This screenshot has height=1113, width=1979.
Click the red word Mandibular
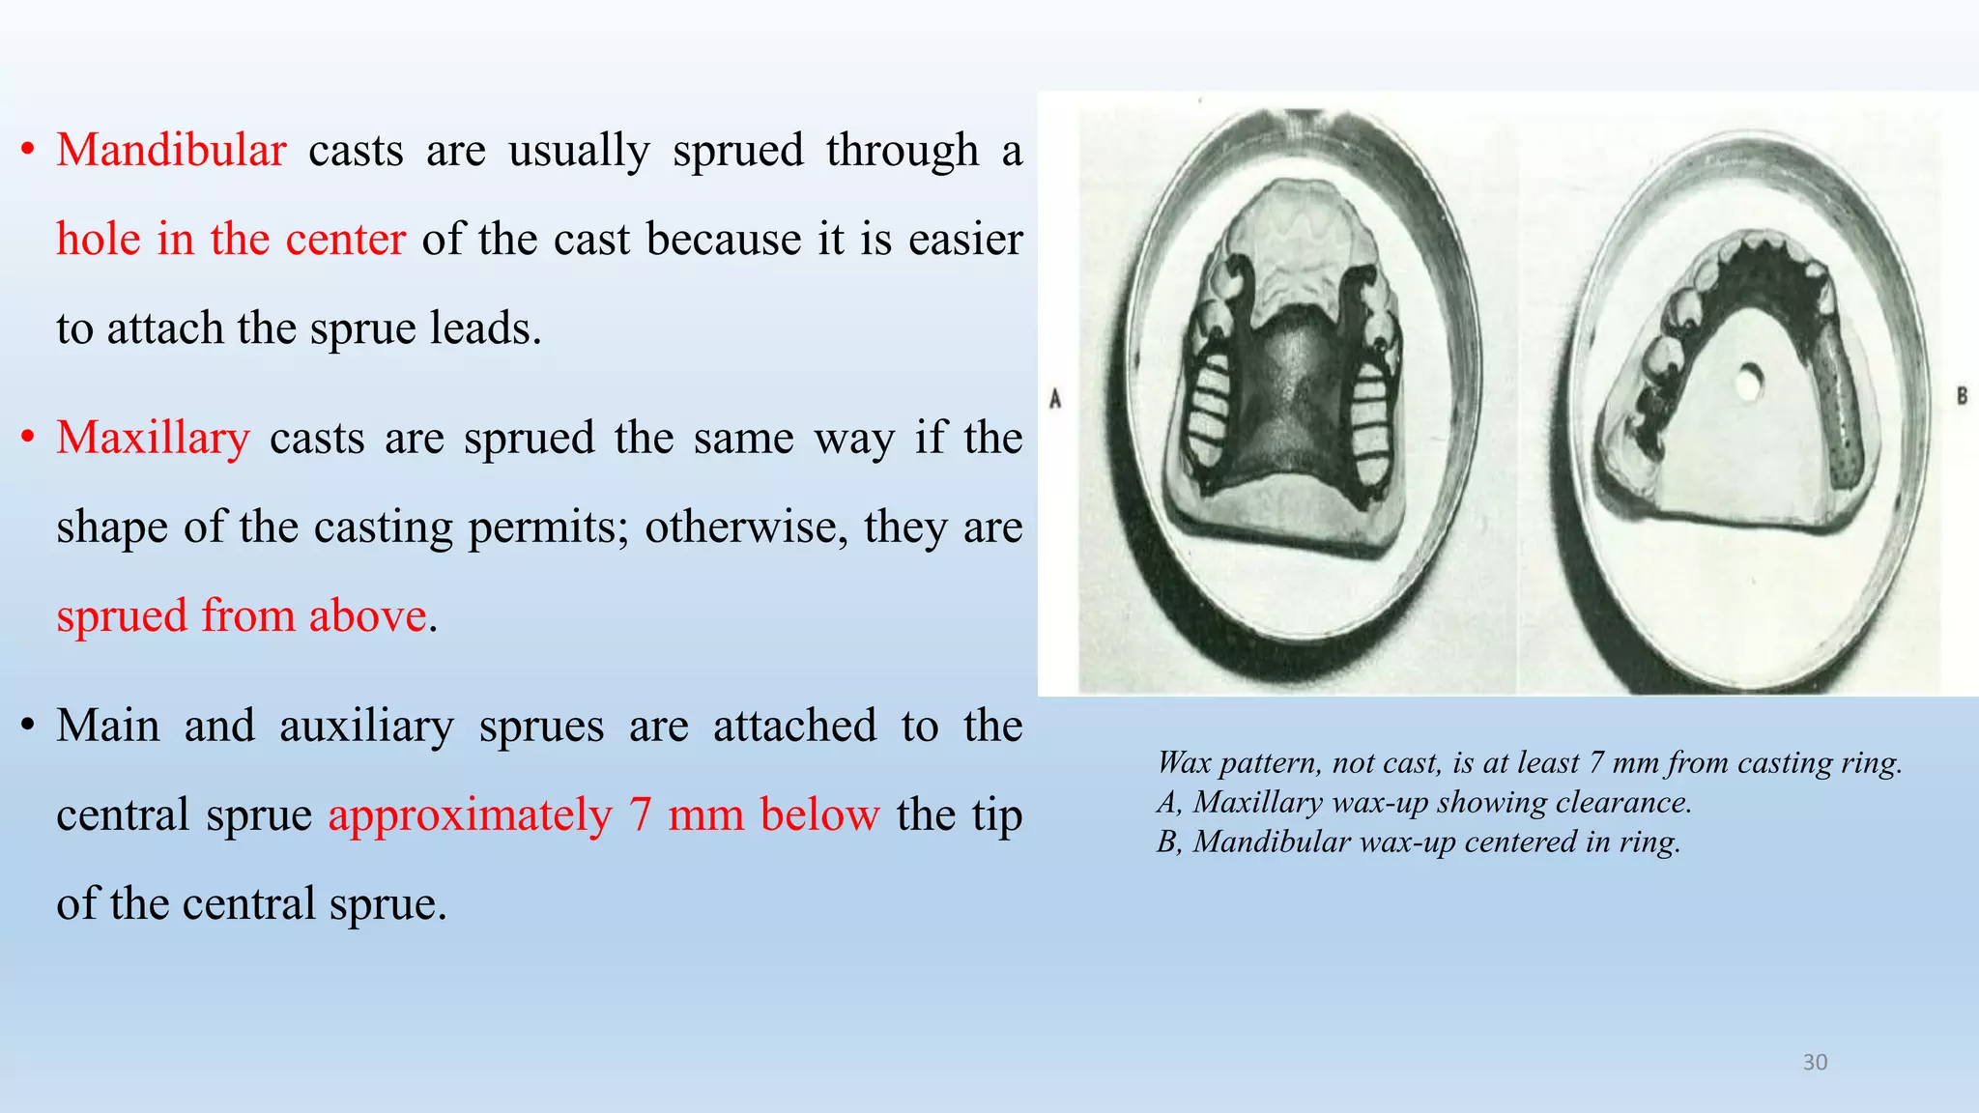click(x=171, y=151)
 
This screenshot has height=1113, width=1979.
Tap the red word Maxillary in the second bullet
click(x=153, y=438)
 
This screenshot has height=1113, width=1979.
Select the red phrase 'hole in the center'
click(x=230, y=239)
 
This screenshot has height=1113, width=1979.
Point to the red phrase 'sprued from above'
click(x=241, y=615)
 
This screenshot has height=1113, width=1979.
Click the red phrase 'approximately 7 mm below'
click(x=603, y=814)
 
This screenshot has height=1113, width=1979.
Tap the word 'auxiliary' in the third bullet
click(x=366, y=726)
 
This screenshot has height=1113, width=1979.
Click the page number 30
click(x=1815, y=1063)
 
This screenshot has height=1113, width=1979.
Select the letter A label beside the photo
click(x=1055, y=398)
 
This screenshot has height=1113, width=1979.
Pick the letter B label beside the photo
click(x=1962, y=395)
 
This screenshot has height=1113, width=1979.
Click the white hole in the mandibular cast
click(x=1747, y=383)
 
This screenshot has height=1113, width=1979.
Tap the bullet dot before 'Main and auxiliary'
click(x=28, y=725)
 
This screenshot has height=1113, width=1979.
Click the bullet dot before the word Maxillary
click(x=28, y=438)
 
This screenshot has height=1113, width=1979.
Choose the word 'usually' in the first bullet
click(x=579, y=152)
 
